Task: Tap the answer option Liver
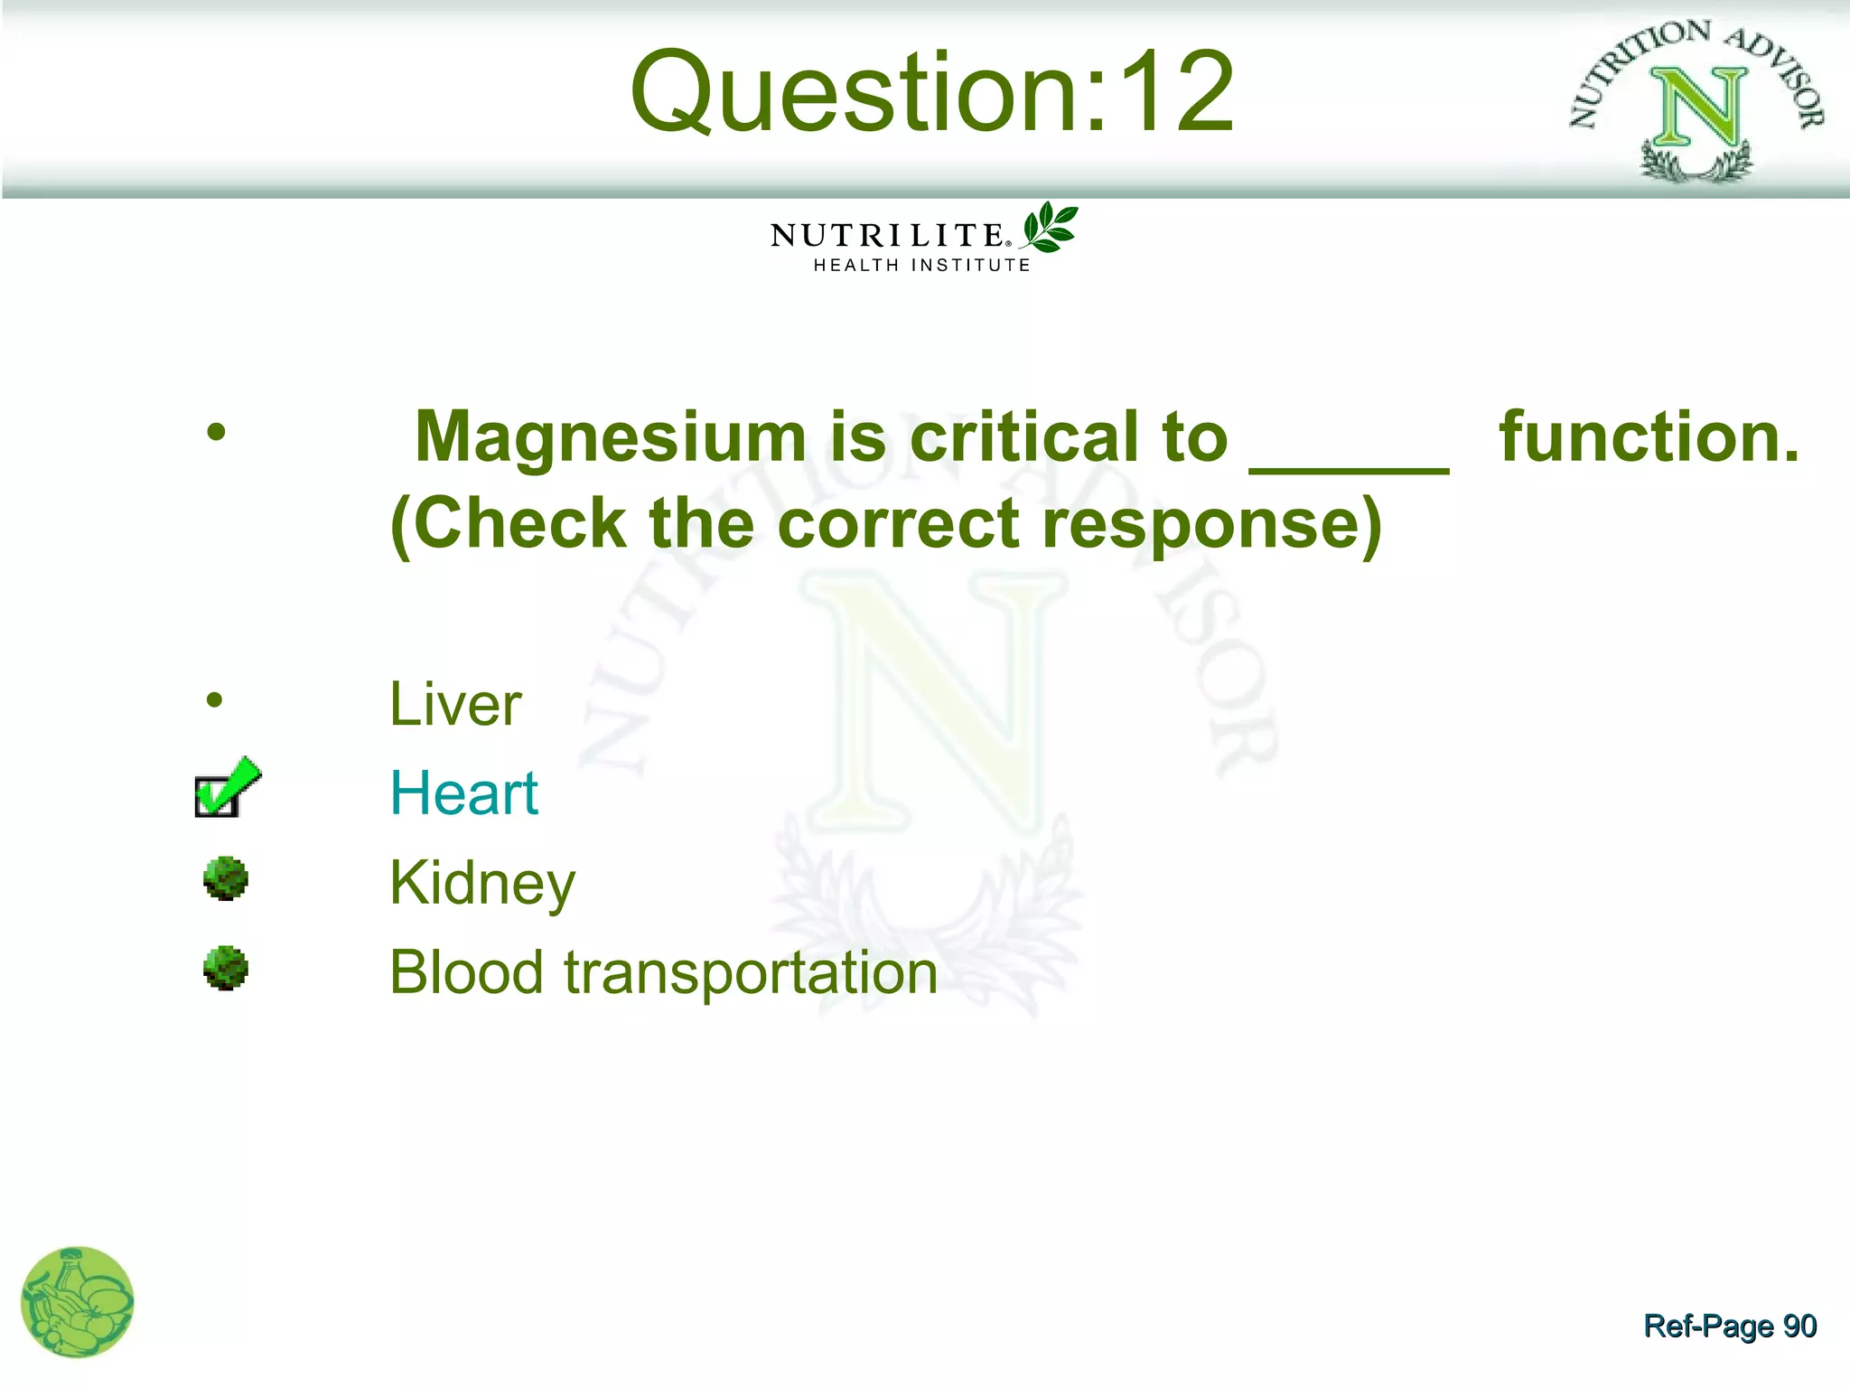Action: [455, 704]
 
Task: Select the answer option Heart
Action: [463, 793]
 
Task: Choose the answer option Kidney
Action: [482, 883]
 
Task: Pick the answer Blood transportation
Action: [664, 972]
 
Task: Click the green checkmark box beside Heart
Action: [225, 788]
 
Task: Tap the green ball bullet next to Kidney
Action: [226, 878]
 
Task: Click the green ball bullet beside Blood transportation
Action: [226, 968]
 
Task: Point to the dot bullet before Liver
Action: [214, 699]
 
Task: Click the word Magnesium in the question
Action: [611, 438]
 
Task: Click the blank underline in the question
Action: [1349, 465]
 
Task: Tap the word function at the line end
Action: [1649, 437]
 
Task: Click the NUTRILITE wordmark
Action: [889, 236]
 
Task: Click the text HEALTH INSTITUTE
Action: [921, 266]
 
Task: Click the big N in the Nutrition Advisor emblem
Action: [1698, 108]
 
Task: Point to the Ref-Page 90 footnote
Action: [1730, 1326]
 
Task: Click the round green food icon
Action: [77, 1301]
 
